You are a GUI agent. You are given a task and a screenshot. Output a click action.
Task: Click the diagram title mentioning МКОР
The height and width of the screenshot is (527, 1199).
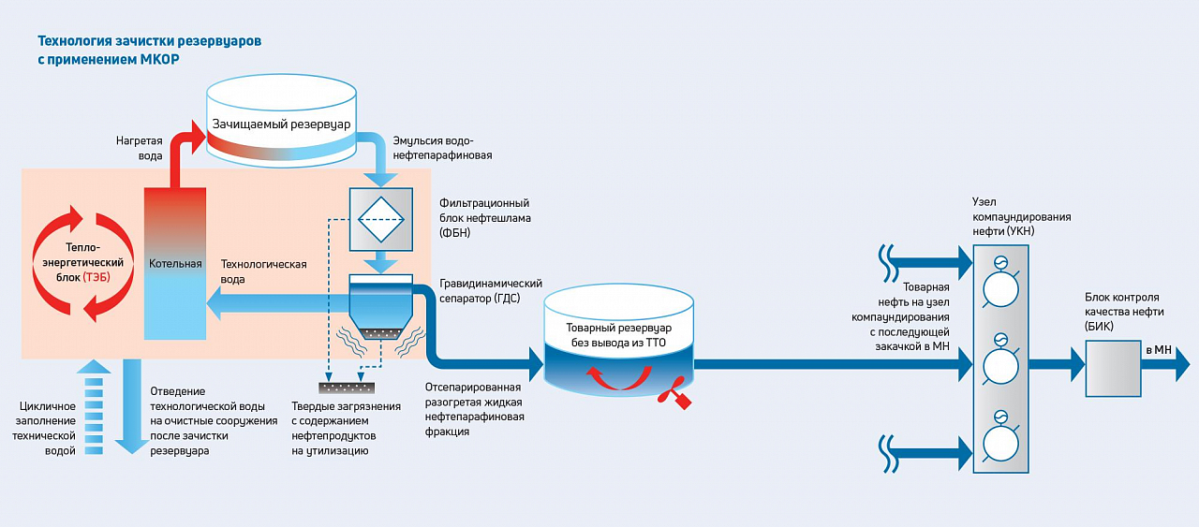[149, 51]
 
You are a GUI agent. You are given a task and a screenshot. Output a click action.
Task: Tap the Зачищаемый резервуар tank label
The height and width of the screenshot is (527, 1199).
[281, 124]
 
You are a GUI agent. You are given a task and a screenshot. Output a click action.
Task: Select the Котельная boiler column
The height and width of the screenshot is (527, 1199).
[175, 263]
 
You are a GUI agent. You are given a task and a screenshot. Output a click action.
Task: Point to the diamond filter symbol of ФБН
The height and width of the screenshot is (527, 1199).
[380, 220]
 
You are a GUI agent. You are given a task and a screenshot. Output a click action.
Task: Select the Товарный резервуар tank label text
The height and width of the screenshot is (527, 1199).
[619, 335]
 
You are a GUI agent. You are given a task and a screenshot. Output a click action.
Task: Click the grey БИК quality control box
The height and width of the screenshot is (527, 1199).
[1113, 368]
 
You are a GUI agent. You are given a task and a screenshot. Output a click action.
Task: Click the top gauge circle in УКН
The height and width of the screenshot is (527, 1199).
[1000, 286]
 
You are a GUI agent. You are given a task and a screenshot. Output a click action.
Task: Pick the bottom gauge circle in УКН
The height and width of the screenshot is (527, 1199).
[1000, 441]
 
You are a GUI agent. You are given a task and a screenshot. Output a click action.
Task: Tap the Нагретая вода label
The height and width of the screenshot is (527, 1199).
[138, 149]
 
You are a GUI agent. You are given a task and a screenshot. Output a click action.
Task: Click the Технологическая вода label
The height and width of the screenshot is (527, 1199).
[263, 271]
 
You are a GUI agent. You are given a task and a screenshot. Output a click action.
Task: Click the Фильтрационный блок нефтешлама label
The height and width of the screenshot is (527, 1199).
[484, 218]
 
